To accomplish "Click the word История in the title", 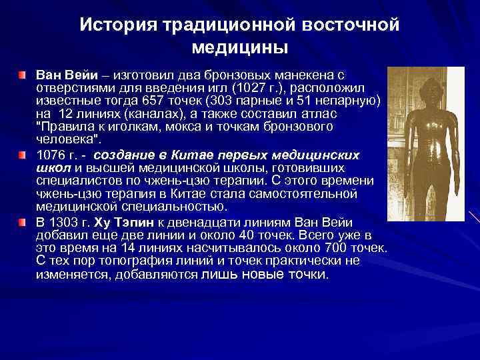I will [x=115, y=25].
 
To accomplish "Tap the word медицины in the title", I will [x=239, y=48].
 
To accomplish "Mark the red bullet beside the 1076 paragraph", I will [x=23, y=155].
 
